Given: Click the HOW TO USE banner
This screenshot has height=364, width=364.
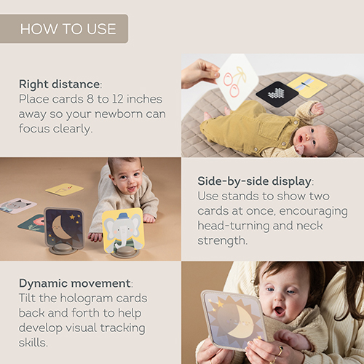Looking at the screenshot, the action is [64, 28].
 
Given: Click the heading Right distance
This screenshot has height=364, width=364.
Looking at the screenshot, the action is [59, 84].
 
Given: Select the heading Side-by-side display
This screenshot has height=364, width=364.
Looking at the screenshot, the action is [254, 181].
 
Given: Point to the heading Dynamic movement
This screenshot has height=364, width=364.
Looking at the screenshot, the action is [75, 283].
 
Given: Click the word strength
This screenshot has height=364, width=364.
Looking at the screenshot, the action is [221, 241].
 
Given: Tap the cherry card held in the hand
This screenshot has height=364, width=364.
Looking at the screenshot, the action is [237, 82].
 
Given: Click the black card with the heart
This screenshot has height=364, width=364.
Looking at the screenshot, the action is [277, 94].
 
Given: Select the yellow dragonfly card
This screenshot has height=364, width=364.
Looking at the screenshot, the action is [307, 86].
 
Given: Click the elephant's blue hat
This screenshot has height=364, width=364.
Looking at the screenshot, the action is [122, 216].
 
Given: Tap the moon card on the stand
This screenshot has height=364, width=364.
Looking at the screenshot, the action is [64, 228].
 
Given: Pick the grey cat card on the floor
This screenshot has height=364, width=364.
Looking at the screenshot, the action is [17, 205].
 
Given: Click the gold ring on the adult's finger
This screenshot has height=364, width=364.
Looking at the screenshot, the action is [280, 349].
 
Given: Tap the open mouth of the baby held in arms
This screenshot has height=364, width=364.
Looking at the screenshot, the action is [278, 311].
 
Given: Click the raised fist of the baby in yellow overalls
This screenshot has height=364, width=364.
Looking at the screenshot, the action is [317, 108].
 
